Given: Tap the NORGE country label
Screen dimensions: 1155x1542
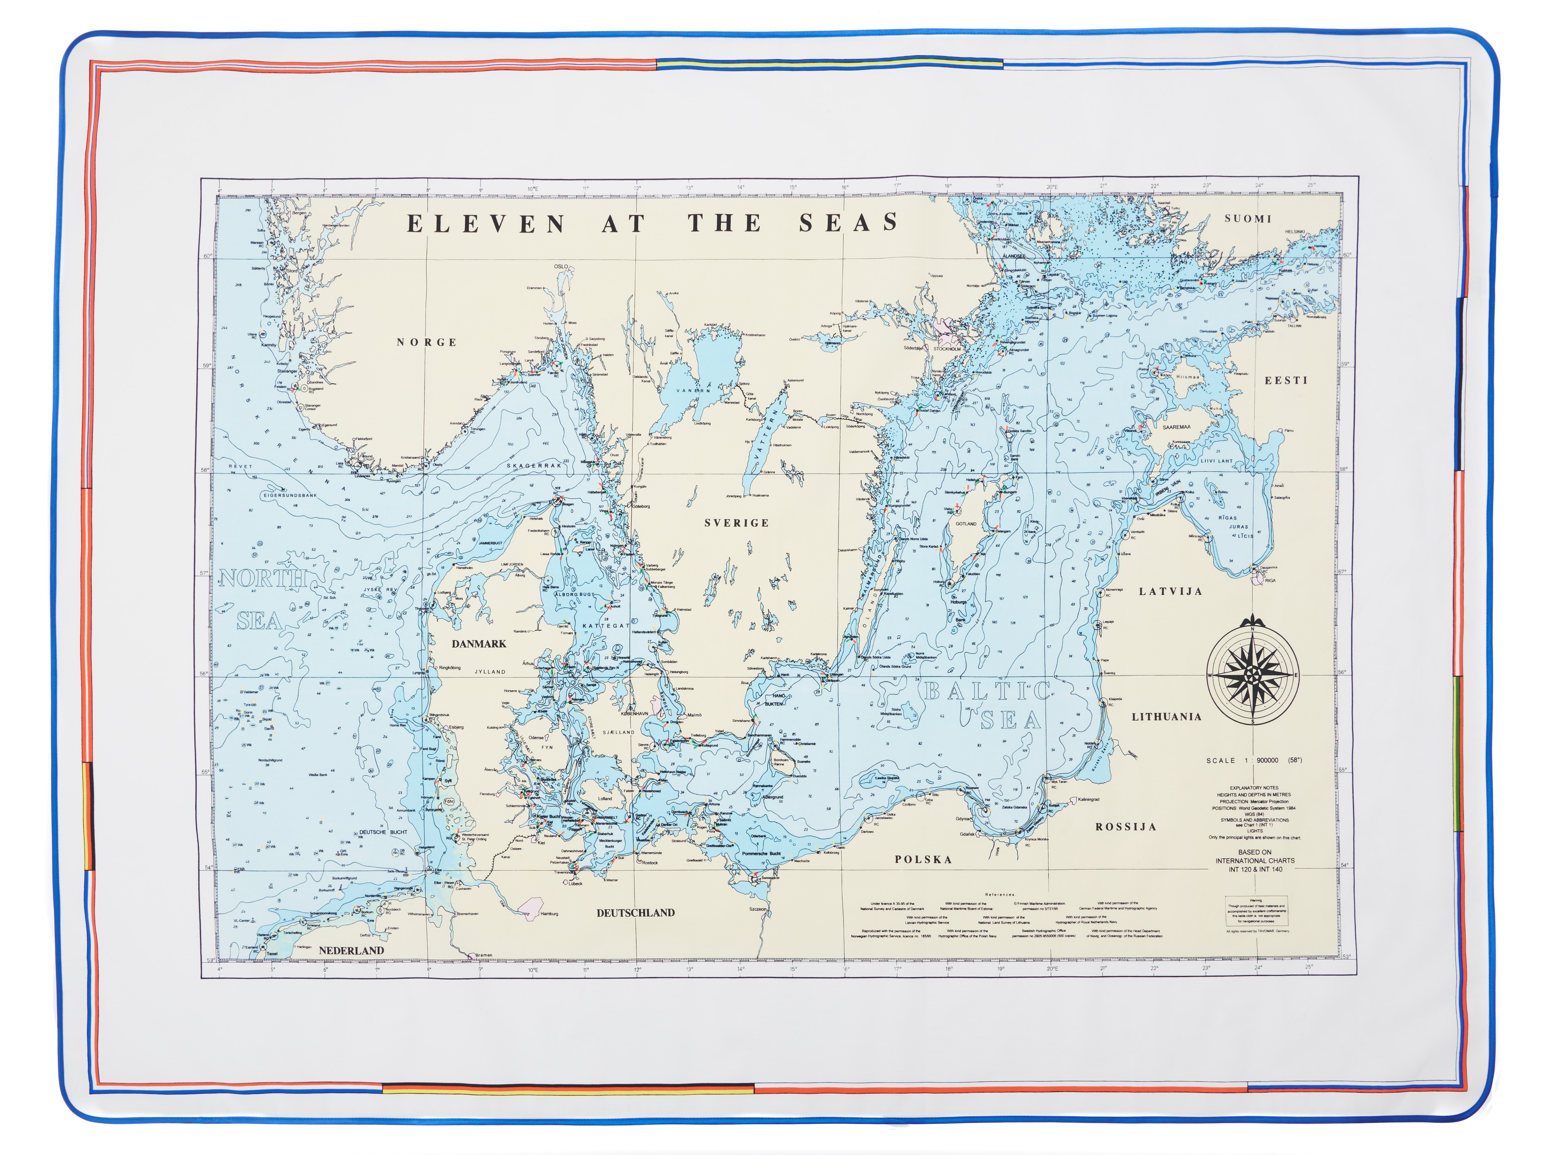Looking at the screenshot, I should tap(427, 342).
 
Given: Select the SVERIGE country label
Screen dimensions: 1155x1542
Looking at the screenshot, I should tap(736, 523).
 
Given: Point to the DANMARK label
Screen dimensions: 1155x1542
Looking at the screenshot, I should tap(479, 643).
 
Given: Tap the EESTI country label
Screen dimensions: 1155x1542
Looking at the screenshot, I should tap(1286, 380).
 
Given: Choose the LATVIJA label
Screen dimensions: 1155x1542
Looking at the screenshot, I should tap(1170, 591).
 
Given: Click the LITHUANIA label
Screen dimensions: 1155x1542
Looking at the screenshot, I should tap(1166, 717).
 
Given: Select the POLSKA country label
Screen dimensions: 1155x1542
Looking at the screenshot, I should tap(923, 859).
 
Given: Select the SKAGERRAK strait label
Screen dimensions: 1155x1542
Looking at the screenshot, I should tap(534, 466).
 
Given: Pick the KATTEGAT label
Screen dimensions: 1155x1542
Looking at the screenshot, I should tap(606, 626).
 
